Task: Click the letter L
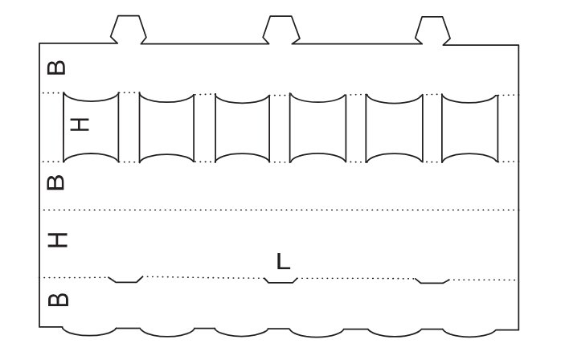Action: pos(283,261)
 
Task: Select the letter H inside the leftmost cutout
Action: pos(80,125)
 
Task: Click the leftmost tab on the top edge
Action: pos(129,29)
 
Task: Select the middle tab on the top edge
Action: pos(281,29)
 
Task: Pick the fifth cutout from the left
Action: pos(393,127)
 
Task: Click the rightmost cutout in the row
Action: pos(469,127)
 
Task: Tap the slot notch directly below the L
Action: pos(281,280)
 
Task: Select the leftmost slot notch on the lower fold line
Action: pos(125,280)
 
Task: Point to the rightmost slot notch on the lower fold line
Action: pos(433,280)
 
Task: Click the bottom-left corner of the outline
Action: pos(40,326)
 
